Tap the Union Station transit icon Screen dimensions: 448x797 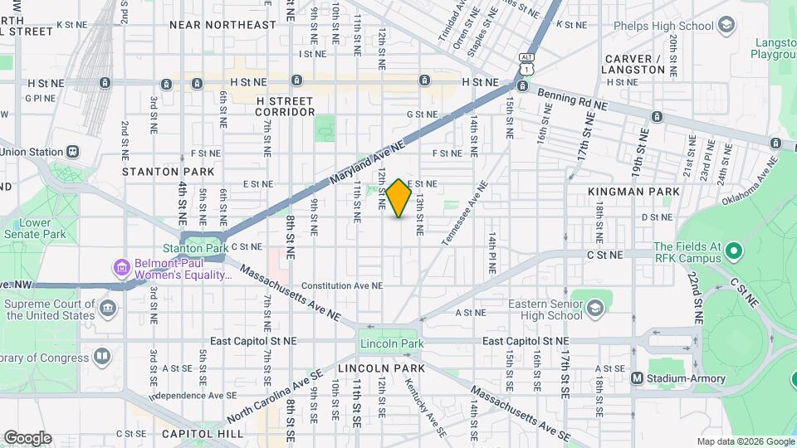tap(74, 152)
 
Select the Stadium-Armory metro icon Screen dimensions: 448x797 tap(637, 378)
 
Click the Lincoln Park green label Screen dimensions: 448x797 tap(392, 344)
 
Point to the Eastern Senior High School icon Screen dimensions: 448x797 tap(594, 309)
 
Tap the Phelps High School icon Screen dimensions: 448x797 tap(727, 26)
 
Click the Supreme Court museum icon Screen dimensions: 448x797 tap(108, 309)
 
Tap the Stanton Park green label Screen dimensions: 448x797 tap(195, 248)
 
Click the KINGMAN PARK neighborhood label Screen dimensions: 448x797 tap(633, 192)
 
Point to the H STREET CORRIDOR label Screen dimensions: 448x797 tap(284, 106)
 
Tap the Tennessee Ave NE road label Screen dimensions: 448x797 tap(463, 216)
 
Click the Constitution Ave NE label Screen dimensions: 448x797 tap(342, 285)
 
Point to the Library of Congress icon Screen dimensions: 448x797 tap(101, 357)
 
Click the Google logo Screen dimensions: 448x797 tap(27, 437)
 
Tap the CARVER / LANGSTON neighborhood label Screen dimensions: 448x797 tap(635, 65)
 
